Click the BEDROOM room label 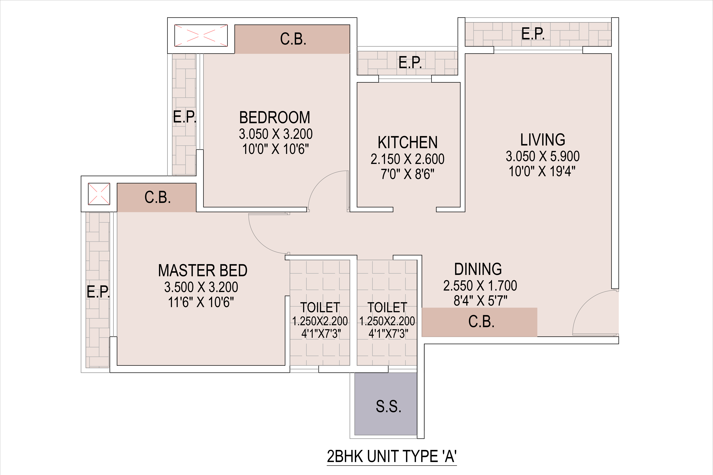tap(275, 118)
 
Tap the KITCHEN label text tap(408, 142)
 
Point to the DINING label tap(478, 269)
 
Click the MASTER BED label tap(203, 270)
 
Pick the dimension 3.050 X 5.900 tap(542, 156)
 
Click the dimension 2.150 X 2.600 tap(408, 159)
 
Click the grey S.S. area tap(386, 404)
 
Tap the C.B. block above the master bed tap(156, 198)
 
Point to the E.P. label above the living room tap(533, 34)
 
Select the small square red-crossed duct tap(99, 194)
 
